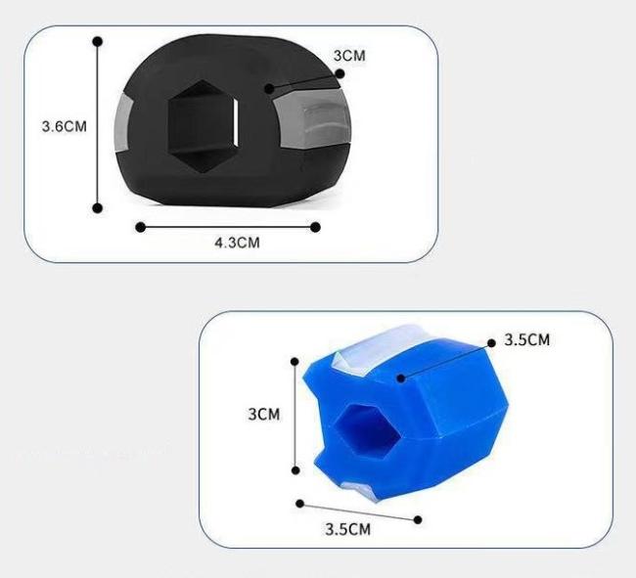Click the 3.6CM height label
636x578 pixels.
(x=64, y=126)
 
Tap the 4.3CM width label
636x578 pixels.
(x=237, y=243)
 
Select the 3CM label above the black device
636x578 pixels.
(x=349, y=56)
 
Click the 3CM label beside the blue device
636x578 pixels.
(x=264, y=415)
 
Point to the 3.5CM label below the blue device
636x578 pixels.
(x=348, y=529)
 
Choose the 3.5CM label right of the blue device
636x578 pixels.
(x=526, y=339)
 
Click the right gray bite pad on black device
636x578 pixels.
(x=311, y=118)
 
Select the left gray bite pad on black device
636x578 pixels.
(x=123, y=123)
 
